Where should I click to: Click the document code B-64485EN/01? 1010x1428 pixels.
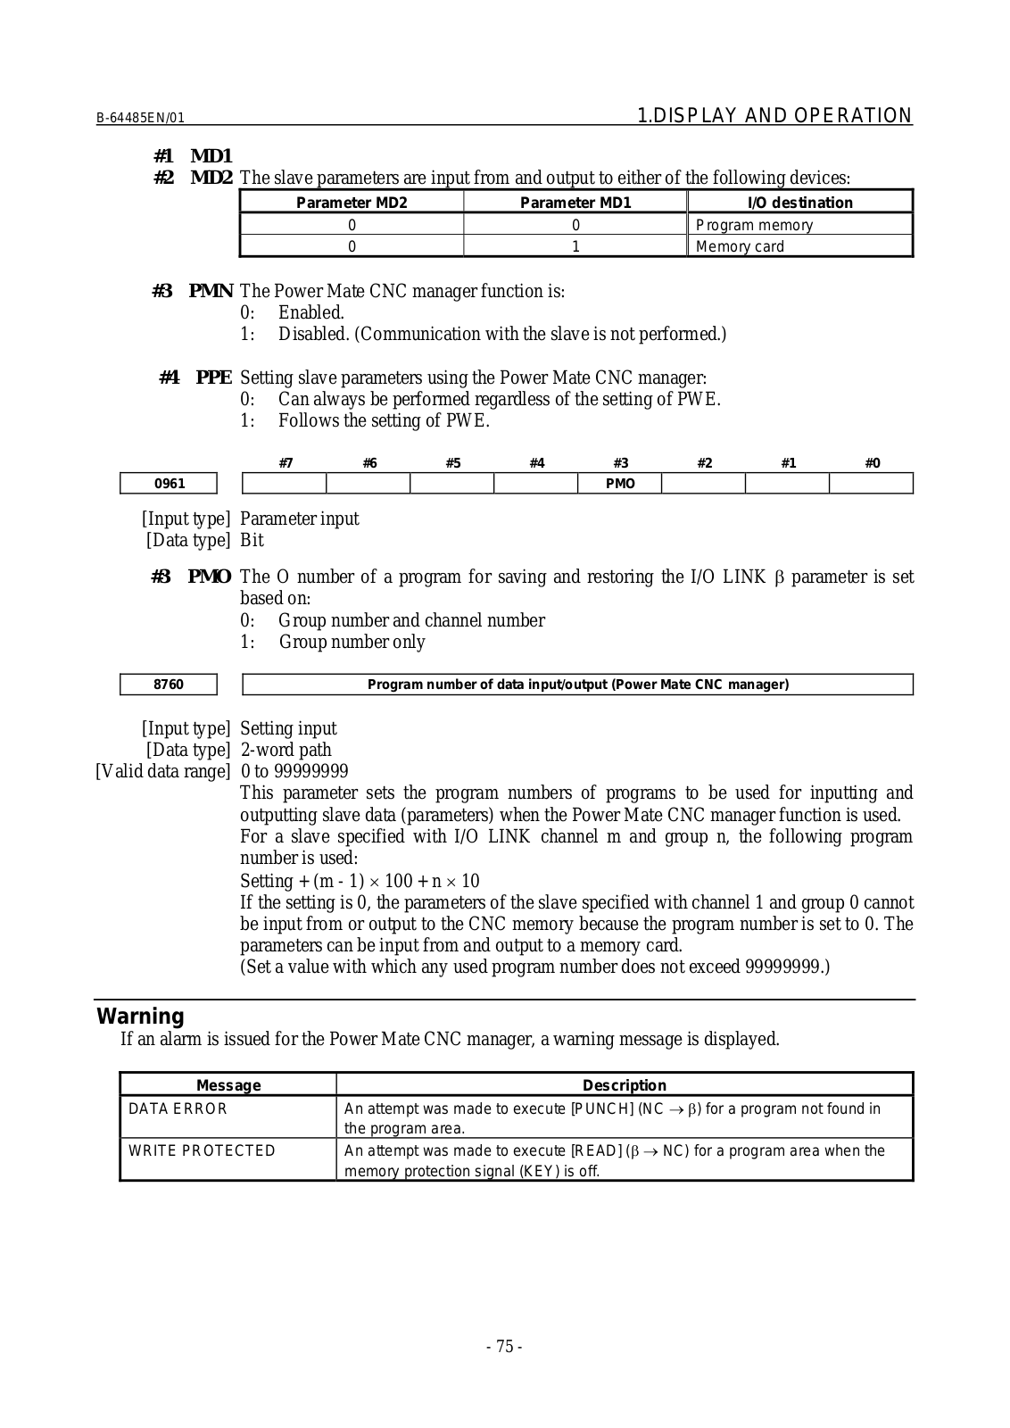tap(140, 118)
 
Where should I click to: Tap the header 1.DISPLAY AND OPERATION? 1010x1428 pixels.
tap(775, 116)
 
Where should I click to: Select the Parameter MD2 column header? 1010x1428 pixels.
tap(352, 203)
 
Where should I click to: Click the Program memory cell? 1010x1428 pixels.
tap(754, 225)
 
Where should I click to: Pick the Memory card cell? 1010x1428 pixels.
tap(740, 246)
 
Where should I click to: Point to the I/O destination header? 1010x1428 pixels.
tap(800, 203)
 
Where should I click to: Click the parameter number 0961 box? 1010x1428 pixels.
tap(170, 484)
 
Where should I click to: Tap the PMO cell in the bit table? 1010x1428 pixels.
tap(620, 484)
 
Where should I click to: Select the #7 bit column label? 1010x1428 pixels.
tap(286, 462)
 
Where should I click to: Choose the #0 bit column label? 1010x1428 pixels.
tap(873, 462)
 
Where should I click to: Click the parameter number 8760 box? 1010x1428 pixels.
tap(170, 685)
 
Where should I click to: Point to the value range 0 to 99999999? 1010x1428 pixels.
tap(294, 771)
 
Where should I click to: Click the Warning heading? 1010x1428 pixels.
tap(140, 1017)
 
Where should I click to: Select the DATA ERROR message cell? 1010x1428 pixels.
tap(178, 1108)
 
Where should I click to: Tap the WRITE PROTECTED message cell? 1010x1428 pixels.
tap(203, 1150)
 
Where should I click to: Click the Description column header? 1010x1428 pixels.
tap(625, 1085)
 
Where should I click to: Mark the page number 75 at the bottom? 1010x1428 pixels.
tap(504, 1347)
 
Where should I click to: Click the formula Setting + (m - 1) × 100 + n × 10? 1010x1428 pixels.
tap(360, 881)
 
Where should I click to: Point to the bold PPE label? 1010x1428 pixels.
tap(214, 378)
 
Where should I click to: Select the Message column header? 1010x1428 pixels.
tap(228, 1085)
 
